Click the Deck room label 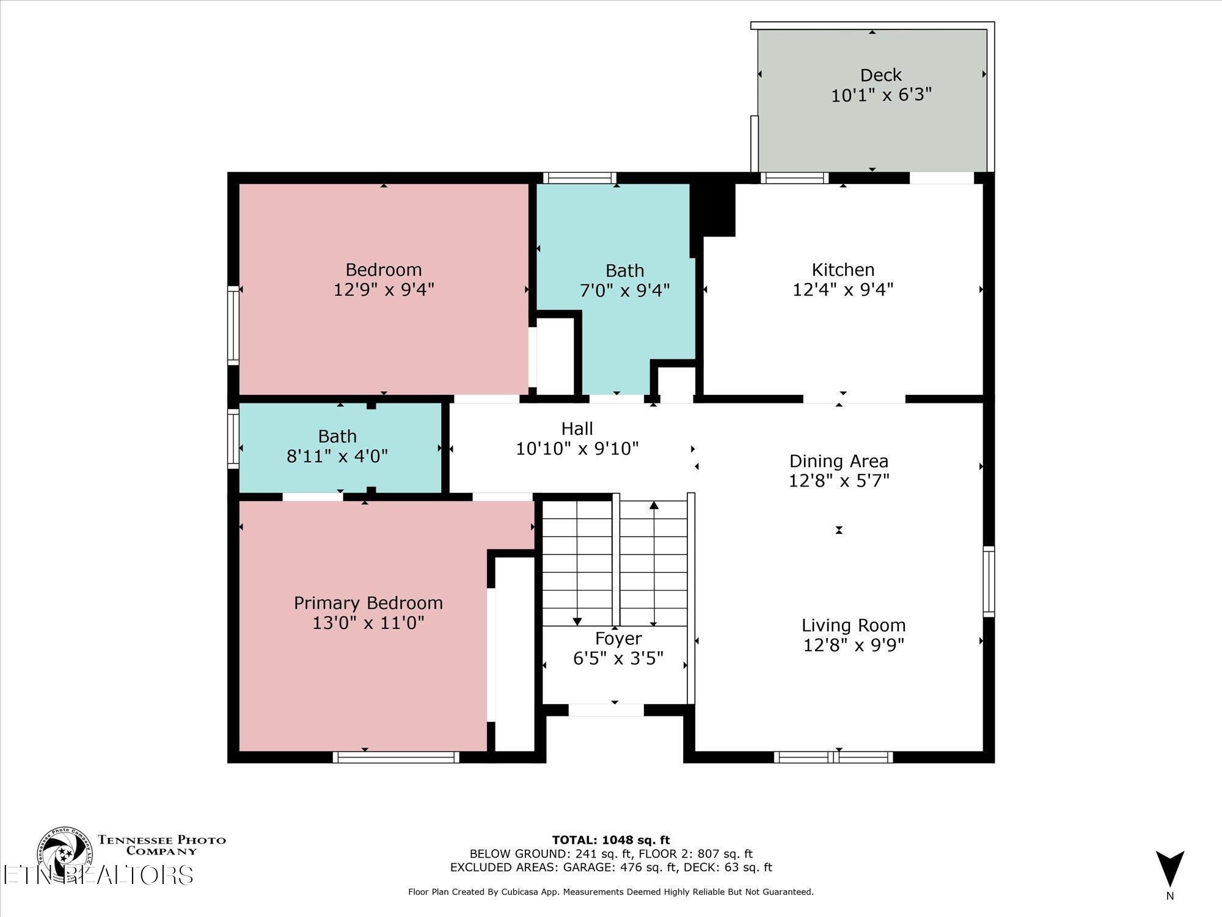(880, 75)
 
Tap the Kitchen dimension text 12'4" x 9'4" (843, 289)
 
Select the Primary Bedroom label (368, 603)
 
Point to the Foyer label (618, 639)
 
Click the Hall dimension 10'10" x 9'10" (577, 449)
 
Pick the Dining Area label (838, 461)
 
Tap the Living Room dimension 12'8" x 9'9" (853, 645)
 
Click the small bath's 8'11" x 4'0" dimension (337, 456)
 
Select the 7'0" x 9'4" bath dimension (624, 290)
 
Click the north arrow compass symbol (1169, 876)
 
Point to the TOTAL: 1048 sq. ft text (611, 840)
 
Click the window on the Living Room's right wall (989, 581)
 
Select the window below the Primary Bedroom (396, 757)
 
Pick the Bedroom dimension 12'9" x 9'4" (384, 289)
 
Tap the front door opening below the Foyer (606, 710)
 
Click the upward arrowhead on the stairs (654, 505)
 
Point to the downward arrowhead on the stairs (577, 622)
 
